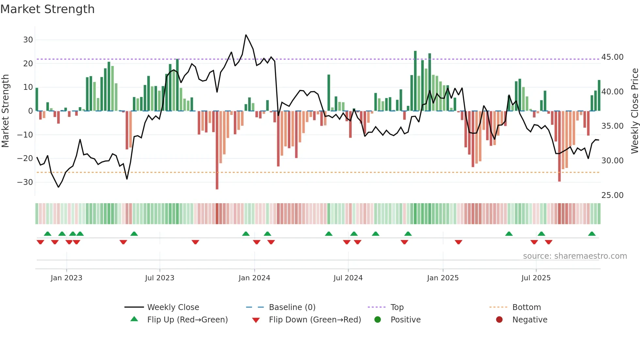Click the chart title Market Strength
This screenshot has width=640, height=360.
[47, 9]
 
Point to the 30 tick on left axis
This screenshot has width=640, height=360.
[28, 40]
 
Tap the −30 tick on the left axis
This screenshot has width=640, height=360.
[25, 182]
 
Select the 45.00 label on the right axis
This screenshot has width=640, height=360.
[612, 57]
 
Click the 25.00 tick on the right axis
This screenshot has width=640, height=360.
[612, 195]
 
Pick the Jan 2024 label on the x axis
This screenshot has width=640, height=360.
[254, 278]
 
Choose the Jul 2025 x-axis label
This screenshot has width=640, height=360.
[536, 278]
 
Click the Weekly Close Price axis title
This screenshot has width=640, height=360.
[634, 111]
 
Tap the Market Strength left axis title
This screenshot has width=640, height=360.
[5, 111]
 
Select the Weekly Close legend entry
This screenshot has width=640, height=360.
[173, 307]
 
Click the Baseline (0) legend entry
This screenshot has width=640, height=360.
[292, 307]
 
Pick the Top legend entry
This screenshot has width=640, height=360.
[397, 307]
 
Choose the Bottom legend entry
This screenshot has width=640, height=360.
[526, 307]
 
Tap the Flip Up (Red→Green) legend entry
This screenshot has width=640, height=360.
[187, 320]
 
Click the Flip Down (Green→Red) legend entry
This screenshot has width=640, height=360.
[315, 320]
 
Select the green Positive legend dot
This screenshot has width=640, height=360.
[378, 320]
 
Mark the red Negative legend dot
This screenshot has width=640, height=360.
[499, 320]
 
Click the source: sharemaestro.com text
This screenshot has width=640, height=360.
[575, 256]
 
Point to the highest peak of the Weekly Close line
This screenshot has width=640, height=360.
[246, 35]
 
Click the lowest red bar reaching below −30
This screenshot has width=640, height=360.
[217, 183]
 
